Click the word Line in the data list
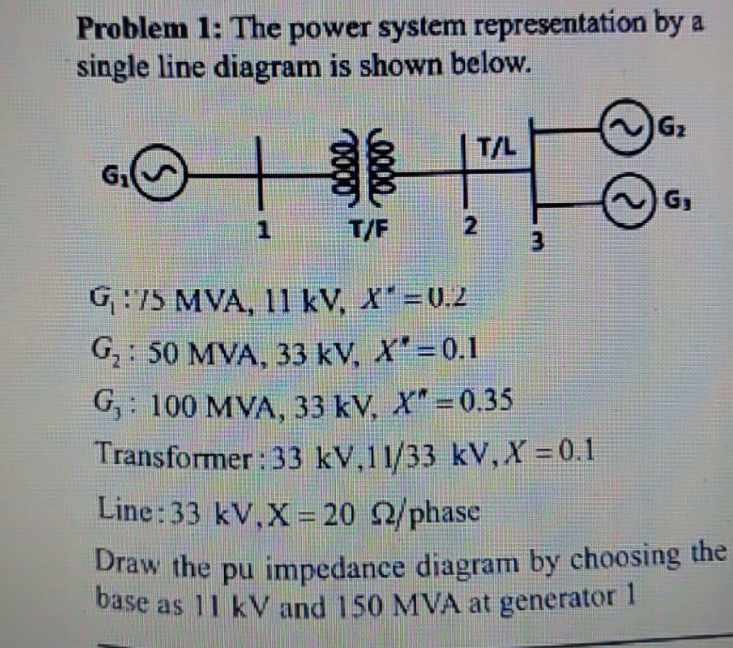(121, 508)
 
